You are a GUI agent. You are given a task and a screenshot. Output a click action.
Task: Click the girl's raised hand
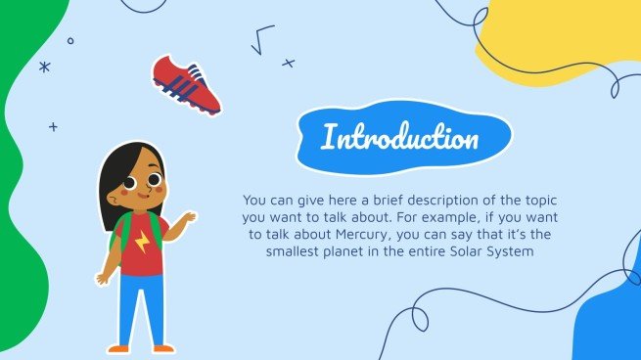point(188,216)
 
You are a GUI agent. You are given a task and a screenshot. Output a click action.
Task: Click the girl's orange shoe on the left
point(118,347)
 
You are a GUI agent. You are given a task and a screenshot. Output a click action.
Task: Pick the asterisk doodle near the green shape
point(44,67)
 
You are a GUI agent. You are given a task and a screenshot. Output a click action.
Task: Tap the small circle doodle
point(69,41)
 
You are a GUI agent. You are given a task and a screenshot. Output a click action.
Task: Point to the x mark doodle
point(288,63)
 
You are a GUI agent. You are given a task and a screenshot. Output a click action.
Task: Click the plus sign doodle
point(53,126)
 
